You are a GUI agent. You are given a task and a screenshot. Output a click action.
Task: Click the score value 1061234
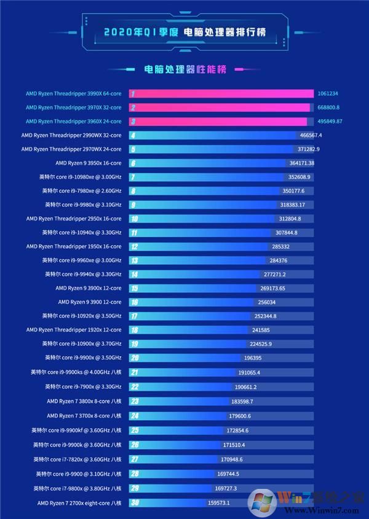[x=328, y=94]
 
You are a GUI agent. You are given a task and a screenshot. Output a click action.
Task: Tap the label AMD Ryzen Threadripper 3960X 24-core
[x=74, y=122]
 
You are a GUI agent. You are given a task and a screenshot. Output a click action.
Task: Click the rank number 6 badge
[x=133, y=163]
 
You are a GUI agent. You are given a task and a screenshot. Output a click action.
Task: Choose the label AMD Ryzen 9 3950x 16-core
[x=89, y=163]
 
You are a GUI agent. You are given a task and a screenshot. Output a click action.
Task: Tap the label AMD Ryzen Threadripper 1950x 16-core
[x=74, y=246]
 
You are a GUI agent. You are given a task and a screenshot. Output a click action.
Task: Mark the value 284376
[x=282, y=260]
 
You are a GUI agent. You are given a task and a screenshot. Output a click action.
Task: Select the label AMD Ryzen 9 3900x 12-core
[x=89, y=288]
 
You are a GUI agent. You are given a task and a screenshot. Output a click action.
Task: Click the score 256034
[x=267, y=302]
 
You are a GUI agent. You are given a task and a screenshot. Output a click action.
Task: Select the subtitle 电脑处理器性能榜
[x=184, y=69]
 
